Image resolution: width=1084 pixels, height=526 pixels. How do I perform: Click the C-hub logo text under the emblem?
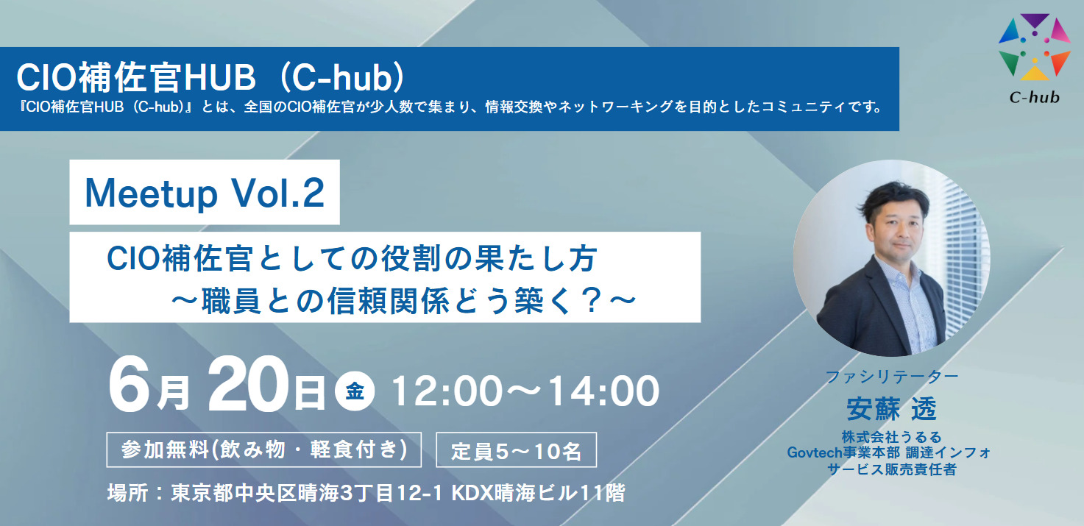click(x=1034, y=97)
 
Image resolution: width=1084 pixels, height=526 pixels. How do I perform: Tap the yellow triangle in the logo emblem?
click(x=1034, y=73)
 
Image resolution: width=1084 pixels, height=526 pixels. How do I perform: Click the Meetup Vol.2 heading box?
click(x=205, y=192)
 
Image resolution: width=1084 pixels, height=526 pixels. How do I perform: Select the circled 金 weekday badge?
click(x=355, y=391)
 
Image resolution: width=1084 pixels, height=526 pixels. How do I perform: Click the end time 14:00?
click(x=604, y=391)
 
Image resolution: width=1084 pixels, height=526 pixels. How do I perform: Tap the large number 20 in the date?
click(x=248, y=385)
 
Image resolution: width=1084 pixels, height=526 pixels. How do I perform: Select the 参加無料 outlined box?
click(x=263, y=449)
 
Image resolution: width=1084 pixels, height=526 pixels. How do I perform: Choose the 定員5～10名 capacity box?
click(x=517, y=449)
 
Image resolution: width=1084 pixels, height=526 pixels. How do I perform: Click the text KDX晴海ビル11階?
click(x=538, y=493)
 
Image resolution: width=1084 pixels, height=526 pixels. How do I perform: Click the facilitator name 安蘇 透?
click(x=891, y=409)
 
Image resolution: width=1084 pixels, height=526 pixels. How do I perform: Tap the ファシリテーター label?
click(x=891, y=376)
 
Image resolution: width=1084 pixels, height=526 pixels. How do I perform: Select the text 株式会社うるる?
click(x=891, y=437)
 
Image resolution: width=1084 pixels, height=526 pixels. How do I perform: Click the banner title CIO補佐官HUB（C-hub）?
click(x=210, y=77)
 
